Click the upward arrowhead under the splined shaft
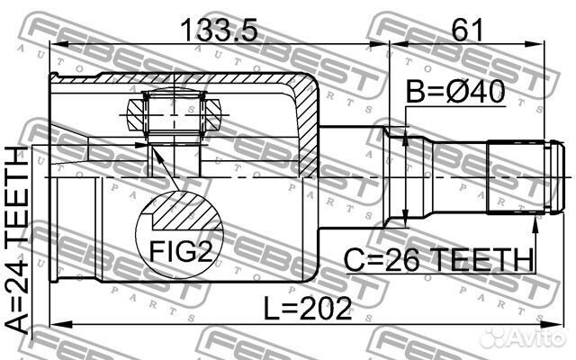point(534,219)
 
